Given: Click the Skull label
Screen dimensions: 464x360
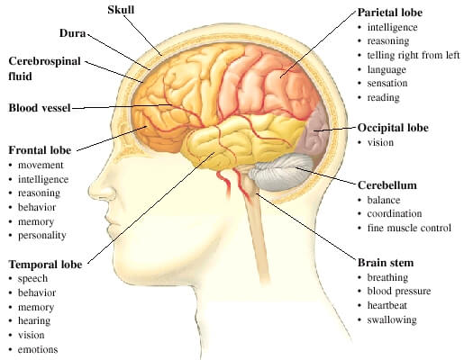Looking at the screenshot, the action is [121, 10].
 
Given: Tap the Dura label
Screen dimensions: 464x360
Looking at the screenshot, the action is [72, 33].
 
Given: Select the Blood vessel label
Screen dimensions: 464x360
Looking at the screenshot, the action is [40, 108].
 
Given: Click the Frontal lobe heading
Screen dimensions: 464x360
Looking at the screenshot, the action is [40, 150].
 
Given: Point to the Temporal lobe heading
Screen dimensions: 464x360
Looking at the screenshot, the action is [45, 265].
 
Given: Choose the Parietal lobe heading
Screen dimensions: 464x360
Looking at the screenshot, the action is [390, 13].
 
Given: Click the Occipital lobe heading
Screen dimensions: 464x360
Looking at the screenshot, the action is [393, 128].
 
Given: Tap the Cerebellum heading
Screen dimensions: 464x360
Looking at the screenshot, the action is [387, 185].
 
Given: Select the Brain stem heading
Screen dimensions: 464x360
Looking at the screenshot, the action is [386, 263].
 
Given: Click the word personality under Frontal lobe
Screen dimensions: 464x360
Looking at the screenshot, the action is [42, 236].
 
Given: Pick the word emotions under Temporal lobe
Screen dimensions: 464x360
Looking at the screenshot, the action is [38, 349].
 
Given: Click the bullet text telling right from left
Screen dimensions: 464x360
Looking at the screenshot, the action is [414, 55].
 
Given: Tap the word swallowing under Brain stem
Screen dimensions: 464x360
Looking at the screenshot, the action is [392, 320].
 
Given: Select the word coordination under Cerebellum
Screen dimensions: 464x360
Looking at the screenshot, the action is [395, 213].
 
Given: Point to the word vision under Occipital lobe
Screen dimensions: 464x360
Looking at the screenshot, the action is [380, 142].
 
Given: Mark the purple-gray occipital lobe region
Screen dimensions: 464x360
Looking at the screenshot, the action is [313, 132].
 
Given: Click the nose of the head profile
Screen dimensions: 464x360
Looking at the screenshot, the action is [101, 189].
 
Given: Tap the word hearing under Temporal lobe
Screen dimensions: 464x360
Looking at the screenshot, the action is [34, 321].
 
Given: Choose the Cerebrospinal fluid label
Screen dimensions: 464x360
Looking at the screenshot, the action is [44, 68].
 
